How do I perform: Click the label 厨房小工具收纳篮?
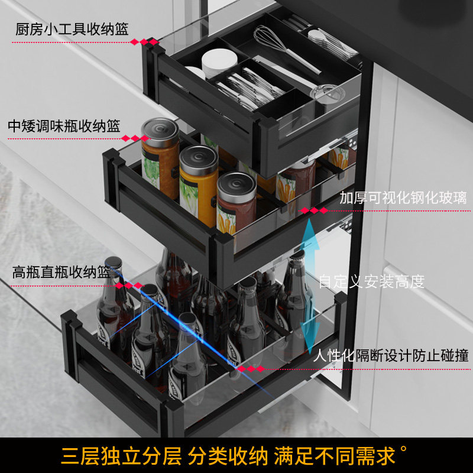[x=72, y=29]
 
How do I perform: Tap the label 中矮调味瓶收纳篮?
[x=64, y=126]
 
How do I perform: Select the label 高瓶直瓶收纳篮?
[x=61, y=273]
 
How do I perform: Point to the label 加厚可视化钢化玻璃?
[x=403, y=198]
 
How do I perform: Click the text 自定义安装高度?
[x=372, y=281]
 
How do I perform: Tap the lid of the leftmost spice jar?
[x=160, y=128]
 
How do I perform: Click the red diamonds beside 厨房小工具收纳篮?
[x=144, y=42]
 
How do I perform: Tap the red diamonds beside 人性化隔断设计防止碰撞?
[x=251, y=368]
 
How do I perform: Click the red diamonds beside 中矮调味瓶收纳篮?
[x=135, y=139]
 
